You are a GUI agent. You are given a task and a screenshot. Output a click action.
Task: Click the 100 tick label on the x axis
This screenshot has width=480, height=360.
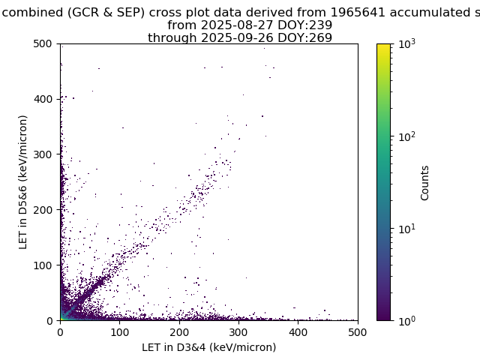[120, 332]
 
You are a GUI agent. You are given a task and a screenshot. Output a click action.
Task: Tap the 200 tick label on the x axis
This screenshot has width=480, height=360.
[179, 332]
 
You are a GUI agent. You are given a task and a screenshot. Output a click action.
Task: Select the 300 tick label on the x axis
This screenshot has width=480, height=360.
[238, 332]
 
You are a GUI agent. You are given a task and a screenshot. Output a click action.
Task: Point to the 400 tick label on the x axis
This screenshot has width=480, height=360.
[298, 332]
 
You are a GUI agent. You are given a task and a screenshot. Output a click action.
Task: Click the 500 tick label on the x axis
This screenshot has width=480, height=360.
[358, 332]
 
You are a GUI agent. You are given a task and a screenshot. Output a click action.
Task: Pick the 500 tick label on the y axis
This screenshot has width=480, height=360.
[43, 43]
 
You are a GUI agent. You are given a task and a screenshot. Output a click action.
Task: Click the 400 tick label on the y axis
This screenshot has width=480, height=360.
[43, 99]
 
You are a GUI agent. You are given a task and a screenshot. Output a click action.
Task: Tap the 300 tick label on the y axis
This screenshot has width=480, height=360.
[43, 154]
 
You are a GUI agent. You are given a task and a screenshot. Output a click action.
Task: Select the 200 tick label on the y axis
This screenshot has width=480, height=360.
[43, 210]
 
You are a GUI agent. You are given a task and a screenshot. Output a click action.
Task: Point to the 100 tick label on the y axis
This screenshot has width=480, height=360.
[43, 265]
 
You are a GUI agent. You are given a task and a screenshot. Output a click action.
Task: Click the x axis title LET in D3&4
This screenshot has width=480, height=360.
[209, 347]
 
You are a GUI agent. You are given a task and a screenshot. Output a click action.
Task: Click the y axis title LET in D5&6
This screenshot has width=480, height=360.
[23, 182]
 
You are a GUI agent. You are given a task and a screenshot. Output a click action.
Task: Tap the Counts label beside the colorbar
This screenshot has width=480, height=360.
[424, 183]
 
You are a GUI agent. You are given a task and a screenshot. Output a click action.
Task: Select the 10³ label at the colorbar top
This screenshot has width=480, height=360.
[407, 43]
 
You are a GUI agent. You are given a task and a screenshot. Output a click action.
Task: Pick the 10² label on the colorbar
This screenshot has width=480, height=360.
[407, 136]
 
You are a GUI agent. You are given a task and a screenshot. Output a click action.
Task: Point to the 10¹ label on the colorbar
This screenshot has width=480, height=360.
[407, 228]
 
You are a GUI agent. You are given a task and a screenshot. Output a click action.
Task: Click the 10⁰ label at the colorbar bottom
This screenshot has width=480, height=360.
[407, 320]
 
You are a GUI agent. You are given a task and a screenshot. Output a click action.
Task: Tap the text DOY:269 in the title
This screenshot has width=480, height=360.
[305, 38]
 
